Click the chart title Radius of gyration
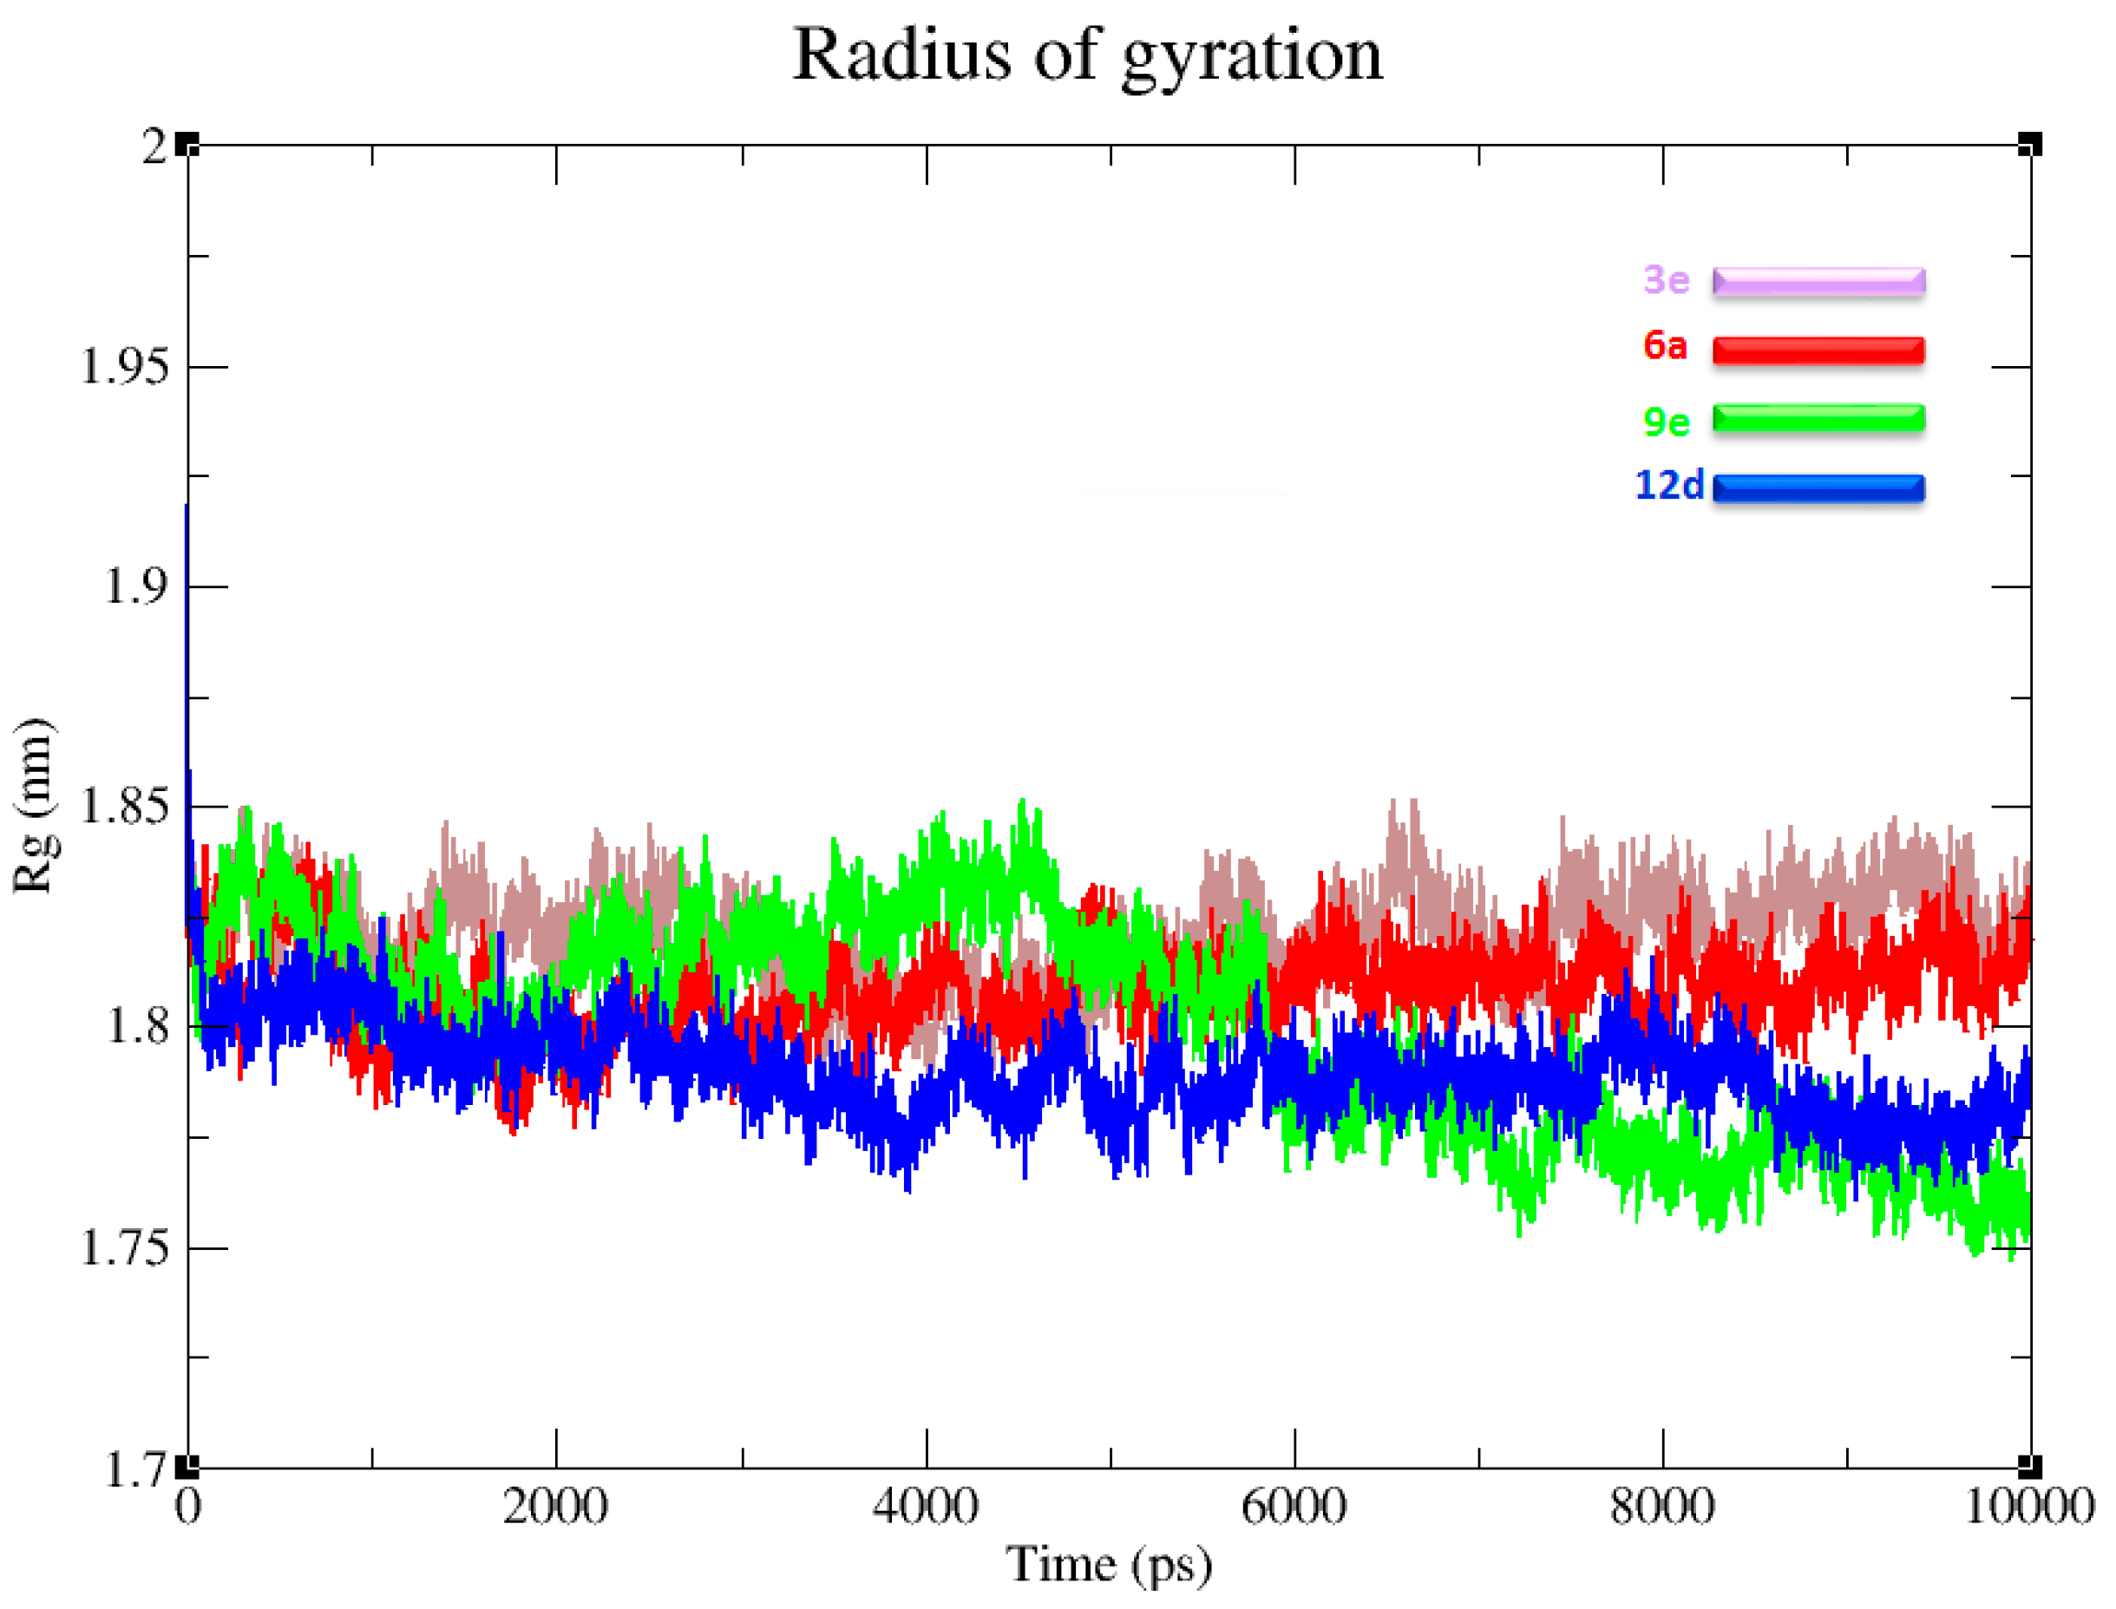coord(1087,56)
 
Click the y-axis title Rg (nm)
coord(36,806)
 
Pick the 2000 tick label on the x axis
coord(554,1507)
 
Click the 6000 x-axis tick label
coord(1294,1507)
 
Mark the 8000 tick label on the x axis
coord(1662,1507)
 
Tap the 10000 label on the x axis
coord(2029,1507)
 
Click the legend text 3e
coord(1666,281)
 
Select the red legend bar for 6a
coord(1818,350)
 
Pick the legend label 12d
coord(1668,487)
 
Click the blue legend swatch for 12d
coord(1818,488)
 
